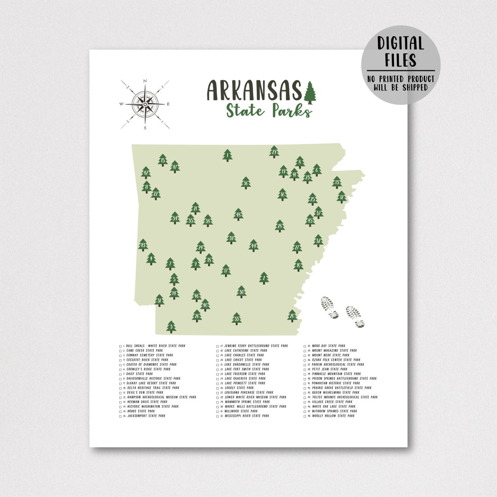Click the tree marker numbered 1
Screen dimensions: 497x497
coord(228,155)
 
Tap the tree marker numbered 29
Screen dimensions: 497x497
coord(274,152)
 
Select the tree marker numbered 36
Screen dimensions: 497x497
coord(246,183)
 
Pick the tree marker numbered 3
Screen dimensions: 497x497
coord(171,327)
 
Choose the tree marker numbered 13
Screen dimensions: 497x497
coord(337,182)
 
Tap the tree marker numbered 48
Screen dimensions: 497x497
coord(238,214)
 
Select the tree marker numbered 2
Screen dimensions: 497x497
coord(264,278)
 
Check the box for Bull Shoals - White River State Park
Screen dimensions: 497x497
coord(120,346)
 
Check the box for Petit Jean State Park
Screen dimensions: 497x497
coord(305,370)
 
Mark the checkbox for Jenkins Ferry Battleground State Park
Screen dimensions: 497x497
coord(218,346)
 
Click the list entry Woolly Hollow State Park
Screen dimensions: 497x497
coord(333,416)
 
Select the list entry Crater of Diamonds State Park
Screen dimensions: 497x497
coord(151,365)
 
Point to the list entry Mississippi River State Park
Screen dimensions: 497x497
coord(247,416)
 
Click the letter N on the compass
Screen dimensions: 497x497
coord(145,81)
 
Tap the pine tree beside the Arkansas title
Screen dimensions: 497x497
coord(310,92)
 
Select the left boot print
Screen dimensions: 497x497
coord(329,308)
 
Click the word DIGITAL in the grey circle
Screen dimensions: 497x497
coord(400,43)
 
